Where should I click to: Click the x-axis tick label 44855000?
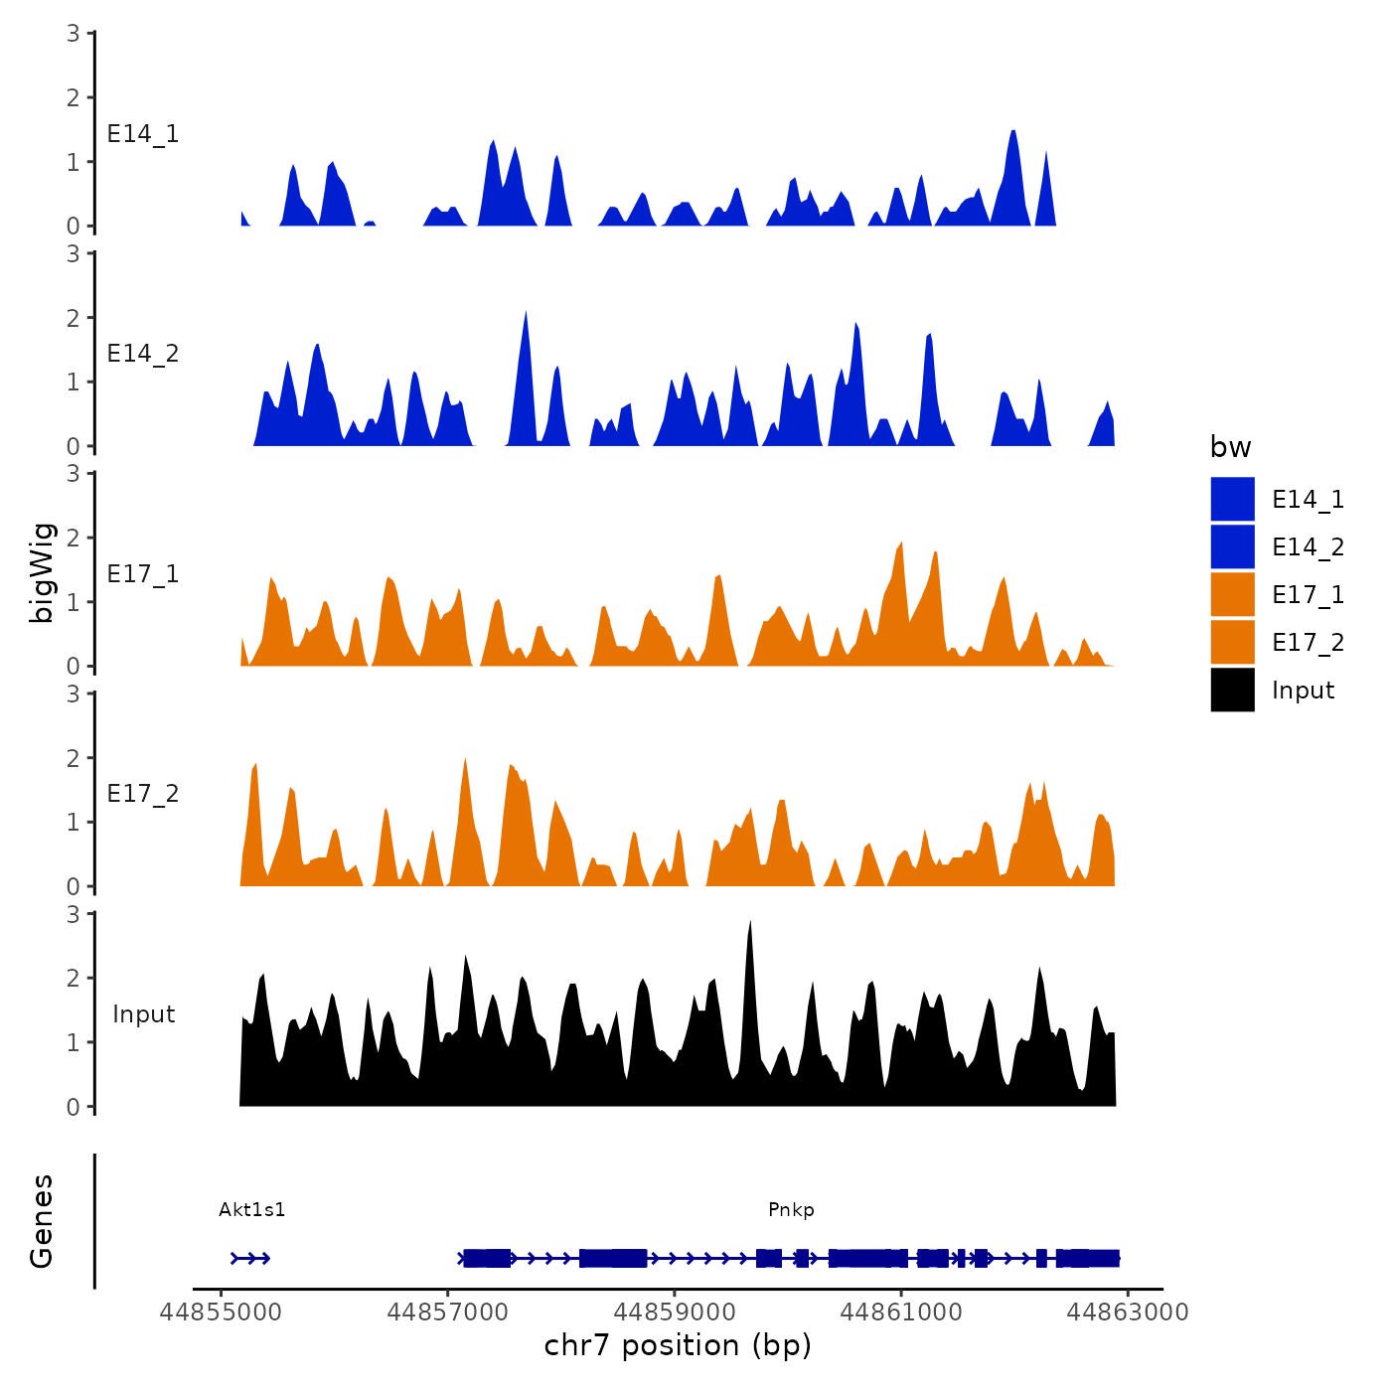(221, 1313)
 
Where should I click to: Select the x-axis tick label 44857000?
(447, 1313)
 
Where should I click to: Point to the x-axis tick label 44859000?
(675, 1313)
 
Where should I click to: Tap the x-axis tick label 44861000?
(901, 1313)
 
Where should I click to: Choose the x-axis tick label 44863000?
(1128, 1313)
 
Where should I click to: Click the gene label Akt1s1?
(252, 1209)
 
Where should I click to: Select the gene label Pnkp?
(791, 1209)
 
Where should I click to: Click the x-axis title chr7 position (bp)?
(678, 1345)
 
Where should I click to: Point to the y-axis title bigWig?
(42, 572)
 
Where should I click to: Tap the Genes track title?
(42, 1221)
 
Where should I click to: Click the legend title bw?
(1230, 447)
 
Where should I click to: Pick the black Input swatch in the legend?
(1232, 690)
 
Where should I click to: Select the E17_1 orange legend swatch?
(1232, 594)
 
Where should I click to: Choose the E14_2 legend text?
(1308, 547)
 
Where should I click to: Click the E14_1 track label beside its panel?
(143, 134)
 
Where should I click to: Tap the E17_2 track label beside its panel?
(143, 794)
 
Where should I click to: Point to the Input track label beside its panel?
(143, 1014)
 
